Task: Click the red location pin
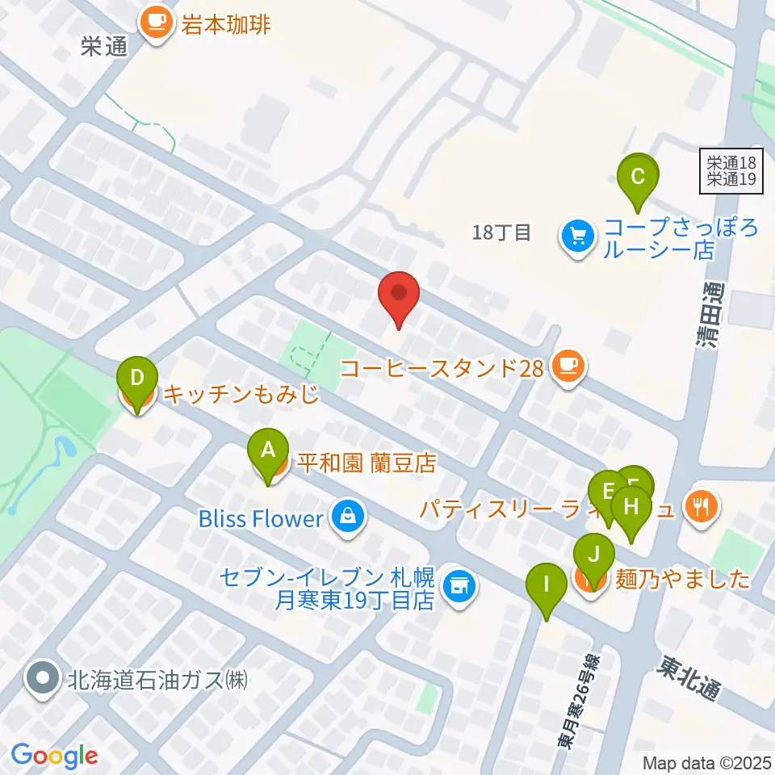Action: (x=399, y=298)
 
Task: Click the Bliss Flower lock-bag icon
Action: (x=346, y=518)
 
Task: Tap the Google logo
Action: (x=54, y=756)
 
